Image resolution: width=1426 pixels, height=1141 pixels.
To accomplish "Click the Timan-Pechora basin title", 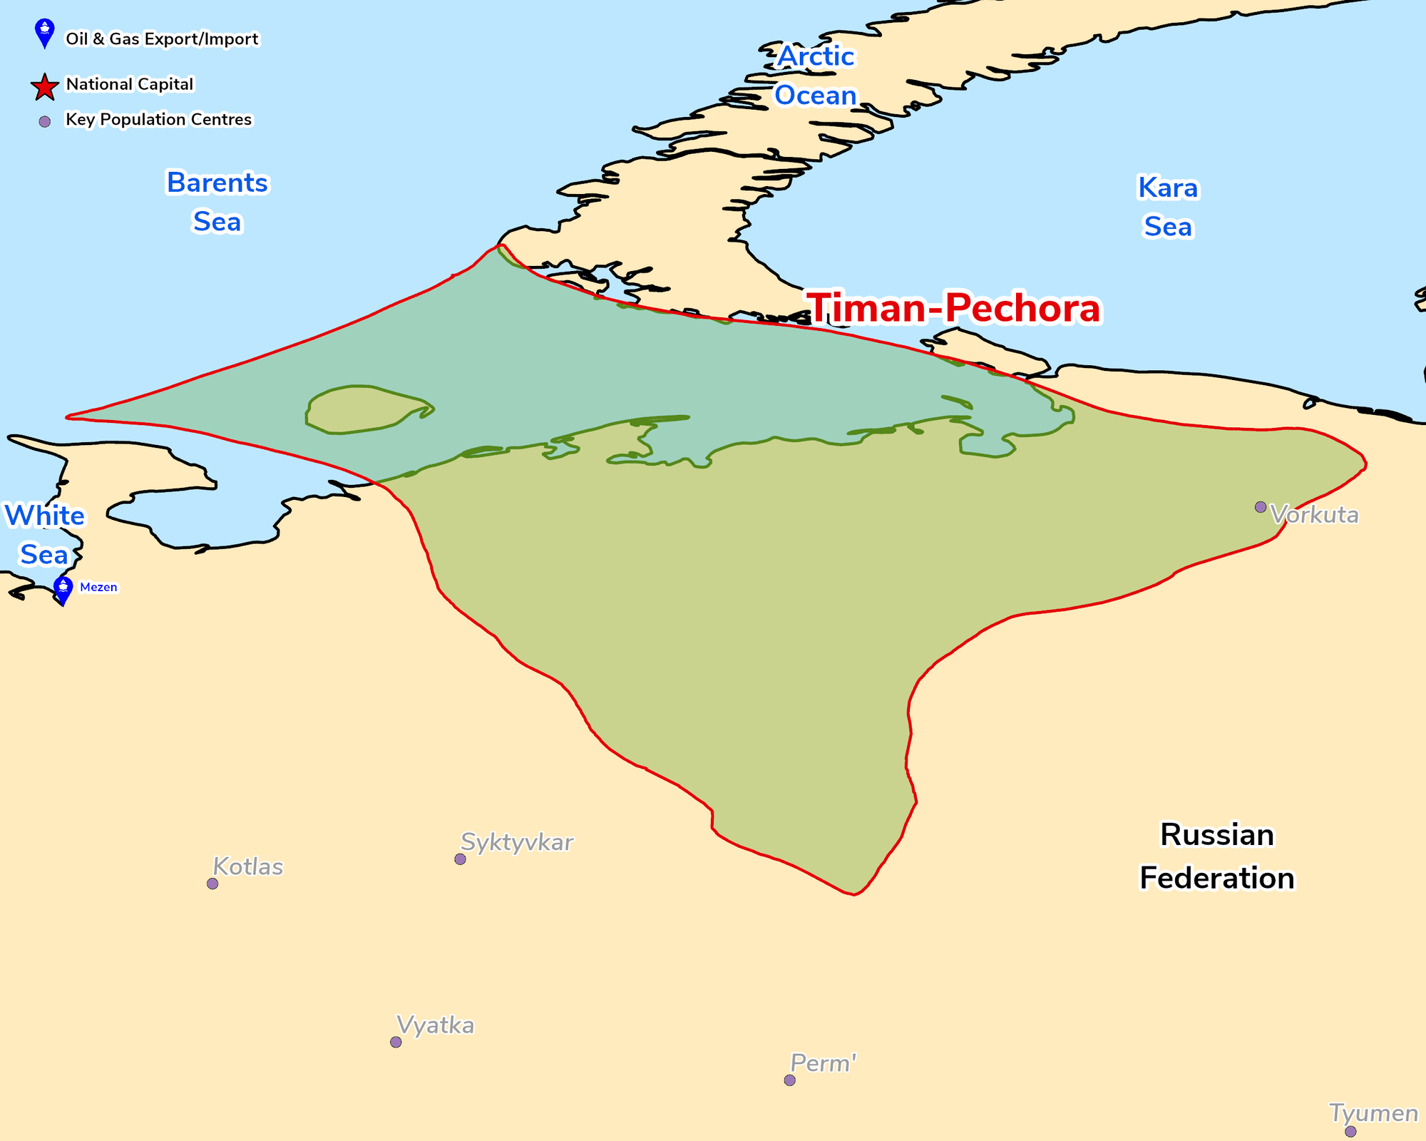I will pyautogui.click(x=954, y=308).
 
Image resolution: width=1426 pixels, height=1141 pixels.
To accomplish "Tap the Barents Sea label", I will pyautogui.click(x=217, y=202).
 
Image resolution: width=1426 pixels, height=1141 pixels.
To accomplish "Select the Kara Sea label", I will pyautogui.click(x=1168, y=207).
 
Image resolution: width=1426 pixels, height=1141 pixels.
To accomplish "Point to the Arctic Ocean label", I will pyautogui.click(x=816, y=76).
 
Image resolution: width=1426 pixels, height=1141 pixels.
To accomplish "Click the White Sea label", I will pyautogui.click(x=44, y=535).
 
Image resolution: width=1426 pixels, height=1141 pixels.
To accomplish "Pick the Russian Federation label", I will pyautogui.click(x=1216, y=856).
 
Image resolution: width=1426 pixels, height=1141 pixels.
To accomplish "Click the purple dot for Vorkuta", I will pyautogui.click(x=1261, y=507).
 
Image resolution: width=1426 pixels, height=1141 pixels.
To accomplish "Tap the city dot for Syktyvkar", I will pyautogui.click(x=460, y=859).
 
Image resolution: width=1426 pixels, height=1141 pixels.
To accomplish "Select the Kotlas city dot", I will pyautogui.click(x=212, y=884).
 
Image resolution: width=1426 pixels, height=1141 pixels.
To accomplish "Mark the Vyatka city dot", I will pyautogui.click(x=396, y=1042).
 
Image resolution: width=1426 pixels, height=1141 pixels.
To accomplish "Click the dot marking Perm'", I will pyautogui.click(x=789, y=1080).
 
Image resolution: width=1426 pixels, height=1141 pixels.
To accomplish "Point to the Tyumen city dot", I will pyautogui.click(x=1350, y=1132).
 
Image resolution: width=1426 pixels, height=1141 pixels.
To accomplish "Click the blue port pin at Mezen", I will pyautogui.click(x=63, y=589).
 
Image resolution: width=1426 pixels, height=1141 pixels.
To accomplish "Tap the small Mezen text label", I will pyautogui.click(x=98, y=587).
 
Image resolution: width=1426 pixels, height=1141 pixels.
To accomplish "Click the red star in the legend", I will pyautogui.click(x=44, y=87).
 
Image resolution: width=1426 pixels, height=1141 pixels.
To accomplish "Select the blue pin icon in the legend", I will pyautogui.click(x=44, y=32).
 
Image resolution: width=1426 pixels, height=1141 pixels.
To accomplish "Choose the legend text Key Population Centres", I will pyautogui.click(x=158, y=119).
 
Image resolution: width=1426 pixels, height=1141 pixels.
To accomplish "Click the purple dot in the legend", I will pyautogui.click(x=44, y=122).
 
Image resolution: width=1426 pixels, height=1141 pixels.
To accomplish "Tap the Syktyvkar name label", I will pyautogui.click(x=517, y=842).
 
